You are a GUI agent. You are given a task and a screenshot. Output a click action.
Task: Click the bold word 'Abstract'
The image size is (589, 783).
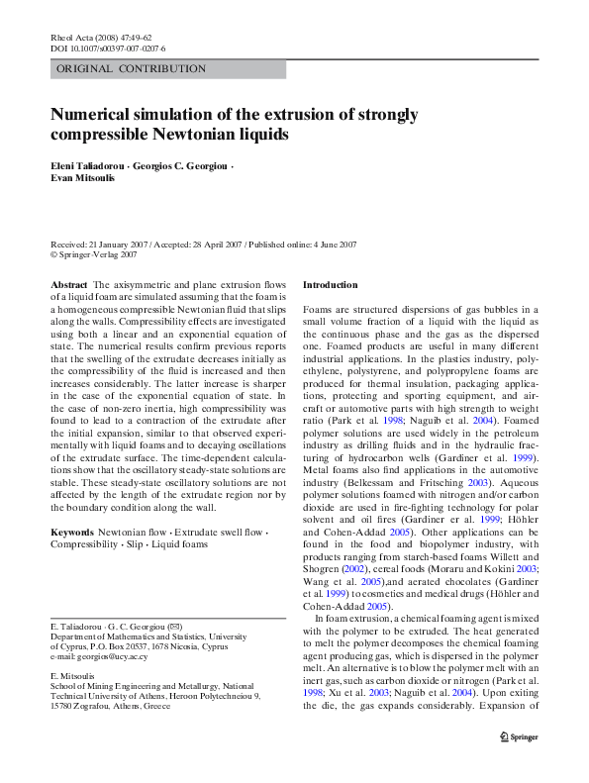click(x=69, y=285)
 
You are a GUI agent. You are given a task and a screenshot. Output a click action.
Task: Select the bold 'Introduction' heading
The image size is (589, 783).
click(x=330, y=285)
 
